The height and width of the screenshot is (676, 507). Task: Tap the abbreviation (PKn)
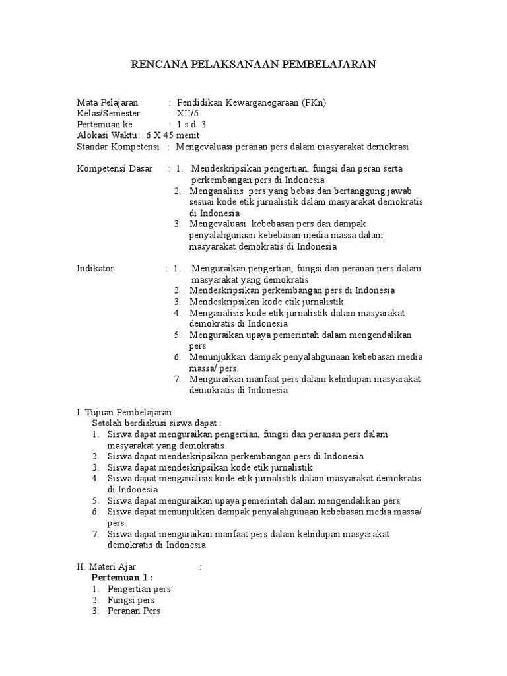pos(314,102)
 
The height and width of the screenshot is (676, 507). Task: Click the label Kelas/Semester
pos(109,114)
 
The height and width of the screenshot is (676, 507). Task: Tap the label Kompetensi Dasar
pos(115,168)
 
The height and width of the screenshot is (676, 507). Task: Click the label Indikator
pos(96,268)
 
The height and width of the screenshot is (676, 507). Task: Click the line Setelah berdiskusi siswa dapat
pos(156,422)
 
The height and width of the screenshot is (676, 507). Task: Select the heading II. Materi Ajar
pos(107,566)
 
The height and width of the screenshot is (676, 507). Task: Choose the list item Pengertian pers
pos(139,589)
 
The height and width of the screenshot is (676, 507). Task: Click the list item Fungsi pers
pos(131,600)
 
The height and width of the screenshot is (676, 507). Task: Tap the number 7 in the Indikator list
pos(177,379)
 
